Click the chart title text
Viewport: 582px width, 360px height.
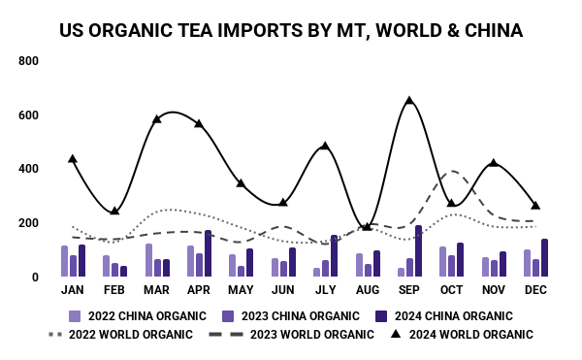coord(291,30)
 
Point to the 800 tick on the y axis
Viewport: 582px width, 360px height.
coord(28,61)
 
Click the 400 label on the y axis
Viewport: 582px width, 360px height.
coord(28,169)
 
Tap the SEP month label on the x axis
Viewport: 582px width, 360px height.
coord(409,290)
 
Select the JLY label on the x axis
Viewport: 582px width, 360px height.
coord(325,290)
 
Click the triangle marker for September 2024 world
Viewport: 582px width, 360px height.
coord(409,101)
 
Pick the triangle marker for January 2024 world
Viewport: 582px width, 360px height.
coord(73,158)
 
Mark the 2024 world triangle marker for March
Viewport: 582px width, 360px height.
coord(157,119)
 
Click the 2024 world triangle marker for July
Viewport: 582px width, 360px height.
coord(325,147)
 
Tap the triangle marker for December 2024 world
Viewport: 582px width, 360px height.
coord(535,206)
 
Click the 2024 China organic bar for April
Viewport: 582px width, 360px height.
coord(208,253)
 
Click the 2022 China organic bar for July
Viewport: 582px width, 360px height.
coord(317,272)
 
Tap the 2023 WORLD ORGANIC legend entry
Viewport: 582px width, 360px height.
coord(291,335)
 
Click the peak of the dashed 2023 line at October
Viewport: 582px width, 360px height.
coord(450,172)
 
